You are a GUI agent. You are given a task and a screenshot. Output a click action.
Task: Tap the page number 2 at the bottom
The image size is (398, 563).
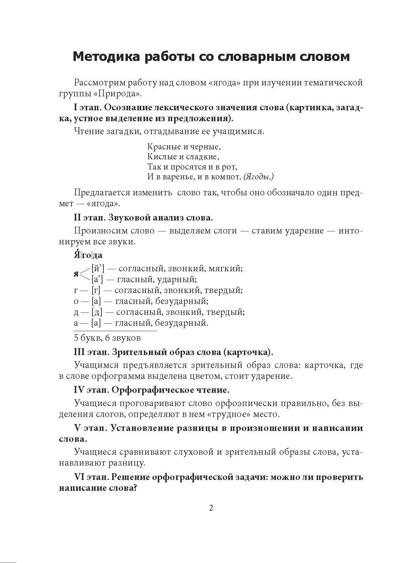[x=211, y=508]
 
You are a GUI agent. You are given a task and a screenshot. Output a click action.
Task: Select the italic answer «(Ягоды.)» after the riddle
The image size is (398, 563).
[x=259, y=177]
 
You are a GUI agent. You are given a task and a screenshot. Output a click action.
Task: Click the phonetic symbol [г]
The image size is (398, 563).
[x=96, y=290]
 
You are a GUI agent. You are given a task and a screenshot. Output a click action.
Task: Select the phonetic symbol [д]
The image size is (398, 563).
[x=97, y=312]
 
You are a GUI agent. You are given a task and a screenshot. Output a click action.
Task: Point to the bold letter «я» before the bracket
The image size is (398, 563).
[x=76, y=274]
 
